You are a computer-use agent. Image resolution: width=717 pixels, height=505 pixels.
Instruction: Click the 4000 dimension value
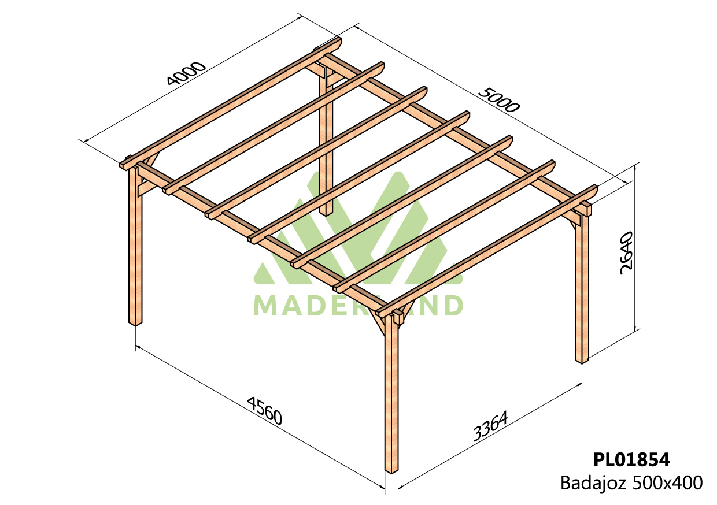[186, 73]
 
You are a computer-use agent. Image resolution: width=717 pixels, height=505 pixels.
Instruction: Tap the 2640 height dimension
[626, 253]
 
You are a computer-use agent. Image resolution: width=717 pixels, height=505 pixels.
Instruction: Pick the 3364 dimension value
[490, 426]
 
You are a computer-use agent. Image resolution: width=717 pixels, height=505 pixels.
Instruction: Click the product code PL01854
[631, 460]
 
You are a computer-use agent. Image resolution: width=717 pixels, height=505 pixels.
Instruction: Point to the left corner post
[135, 244]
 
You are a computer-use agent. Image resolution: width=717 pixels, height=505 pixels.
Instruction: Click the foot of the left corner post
[135, 324]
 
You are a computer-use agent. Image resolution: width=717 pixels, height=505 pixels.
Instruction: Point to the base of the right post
[582, 361]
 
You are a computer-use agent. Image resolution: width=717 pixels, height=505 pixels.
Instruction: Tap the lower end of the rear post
[326, 213]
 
